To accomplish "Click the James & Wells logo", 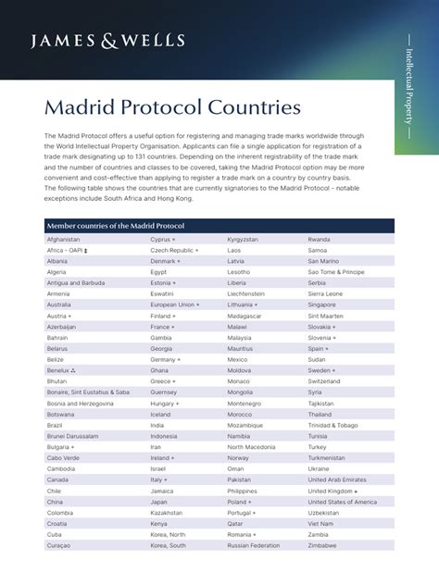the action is click(x=108, y=40).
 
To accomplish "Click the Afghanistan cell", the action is click(x=63, y=240).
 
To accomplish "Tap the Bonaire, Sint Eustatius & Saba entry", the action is click(x=88, y=392).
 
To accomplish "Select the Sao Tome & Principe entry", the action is click(x=336, y=272).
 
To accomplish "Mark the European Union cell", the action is click(x=173, y=305).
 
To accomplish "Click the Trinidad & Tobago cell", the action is click(x=333, y=425).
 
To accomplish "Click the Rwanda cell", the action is click(x=319, y=240).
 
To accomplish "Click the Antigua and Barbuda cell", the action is click(x=76, y=283).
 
